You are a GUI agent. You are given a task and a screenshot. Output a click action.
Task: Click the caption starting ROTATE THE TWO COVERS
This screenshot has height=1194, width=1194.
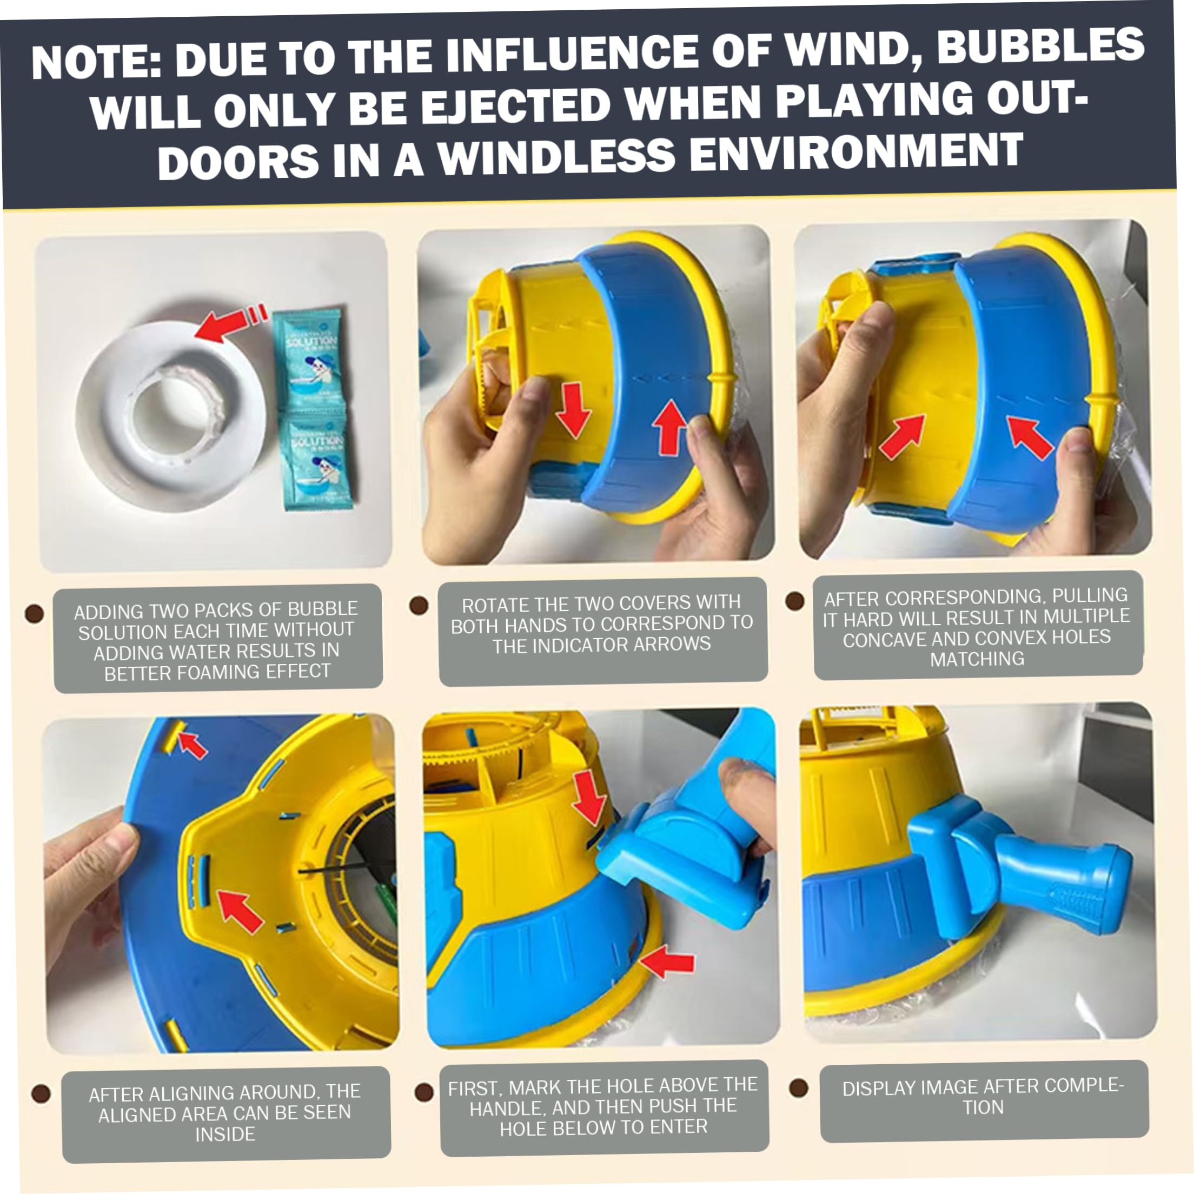(x=602, y=623)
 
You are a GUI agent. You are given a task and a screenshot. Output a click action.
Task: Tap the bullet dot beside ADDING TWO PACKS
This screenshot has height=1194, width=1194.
(x=34, y=613)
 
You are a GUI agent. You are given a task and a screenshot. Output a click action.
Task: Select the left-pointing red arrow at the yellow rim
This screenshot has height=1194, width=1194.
(x=667, y=964)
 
